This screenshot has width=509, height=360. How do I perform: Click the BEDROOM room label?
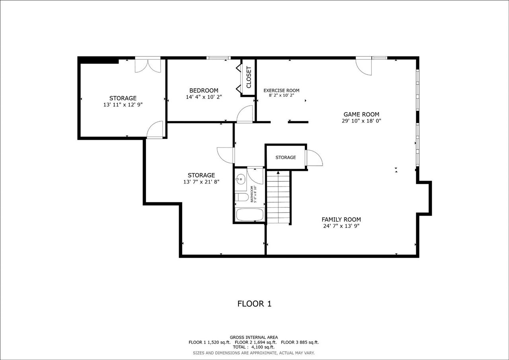point(204,90)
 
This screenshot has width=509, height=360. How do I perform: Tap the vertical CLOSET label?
point(249,77)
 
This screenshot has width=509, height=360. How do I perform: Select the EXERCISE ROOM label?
point(281,90)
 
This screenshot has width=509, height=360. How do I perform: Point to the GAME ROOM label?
point(361,114)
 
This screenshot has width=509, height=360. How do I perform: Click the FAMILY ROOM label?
point(341,220)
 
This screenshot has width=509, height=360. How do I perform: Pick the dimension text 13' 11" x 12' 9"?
point(123,105)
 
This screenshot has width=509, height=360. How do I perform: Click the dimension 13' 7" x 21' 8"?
point(201,182)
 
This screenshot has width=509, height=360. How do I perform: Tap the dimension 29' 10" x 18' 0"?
point(361,121)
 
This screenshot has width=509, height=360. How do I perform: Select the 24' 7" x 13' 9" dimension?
point(341,226)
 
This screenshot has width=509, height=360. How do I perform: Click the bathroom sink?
point(240,179)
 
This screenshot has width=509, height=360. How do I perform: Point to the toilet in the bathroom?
point(241,197)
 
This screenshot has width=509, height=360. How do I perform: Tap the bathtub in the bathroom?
point(250,214)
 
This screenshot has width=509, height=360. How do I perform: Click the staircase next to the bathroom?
point(278,197)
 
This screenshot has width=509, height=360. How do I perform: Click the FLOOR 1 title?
point(254,304)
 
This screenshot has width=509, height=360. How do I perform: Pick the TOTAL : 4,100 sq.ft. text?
point(254,347)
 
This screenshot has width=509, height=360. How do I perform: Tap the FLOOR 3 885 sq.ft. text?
point(300,342)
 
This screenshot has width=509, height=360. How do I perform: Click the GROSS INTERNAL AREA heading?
point(254,337)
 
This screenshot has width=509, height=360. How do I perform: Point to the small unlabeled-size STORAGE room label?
point(286,157)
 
